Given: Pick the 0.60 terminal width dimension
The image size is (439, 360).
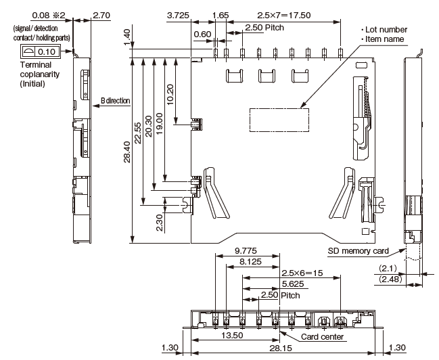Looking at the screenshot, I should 202,35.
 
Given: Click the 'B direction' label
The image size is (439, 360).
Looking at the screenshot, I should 115,101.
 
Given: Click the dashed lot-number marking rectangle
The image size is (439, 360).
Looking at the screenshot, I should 275,118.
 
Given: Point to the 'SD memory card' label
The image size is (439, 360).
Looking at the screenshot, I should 358,251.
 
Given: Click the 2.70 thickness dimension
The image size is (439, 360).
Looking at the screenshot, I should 102,15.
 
